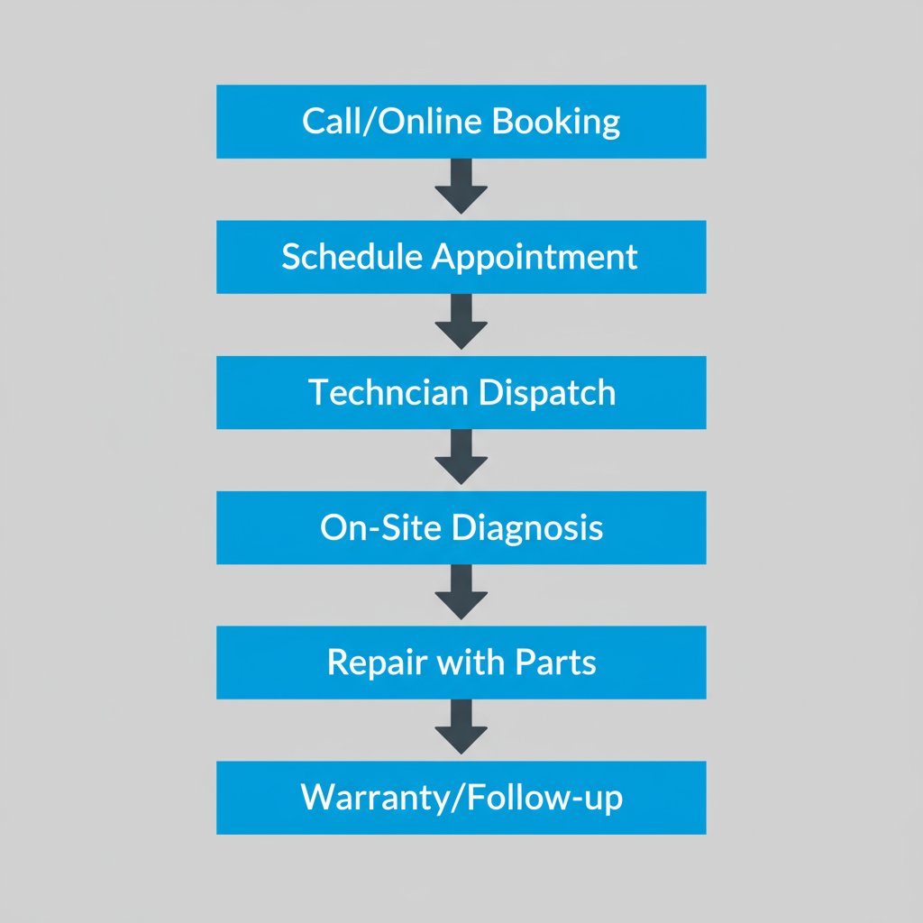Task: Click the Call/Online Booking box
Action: pyautogui.click(x=461, y=122)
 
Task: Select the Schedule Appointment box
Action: pyautogui.click(x=461, y=257)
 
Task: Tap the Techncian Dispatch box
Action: pyautogui.click(x=461, y=392)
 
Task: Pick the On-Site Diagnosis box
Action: pyautogui.click(x=461, y=527)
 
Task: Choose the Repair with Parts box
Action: pyautogui.click(x=461, y=663)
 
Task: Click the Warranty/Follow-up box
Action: pyautogui.click(x=461, y=798)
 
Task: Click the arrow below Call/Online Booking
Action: pyautogui.click(x=461, y=187)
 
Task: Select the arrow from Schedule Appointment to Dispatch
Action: pyautogui.click(x=461, y=323)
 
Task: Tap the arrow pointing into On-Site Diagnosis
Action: pyautogui.click(x=461, y=458)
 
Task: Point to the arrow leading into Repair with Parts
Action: pyautogui.click(x=461, y=593)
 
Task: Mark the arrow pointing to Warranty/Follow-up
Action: pyautogui.click(x=461, y=728)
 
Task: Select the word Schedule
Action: pyautogui.click(x=352, y=257)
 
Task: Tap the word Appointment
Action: pyautogui.click(x=535, y=257)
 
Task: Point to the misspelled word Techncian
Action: pyautogui.click(x=387, y=392)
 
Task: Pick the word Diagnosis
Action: pyautogui.click(x=526, y=527)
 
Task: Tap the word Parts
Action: pyautogui.click(x=555, y=663)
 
